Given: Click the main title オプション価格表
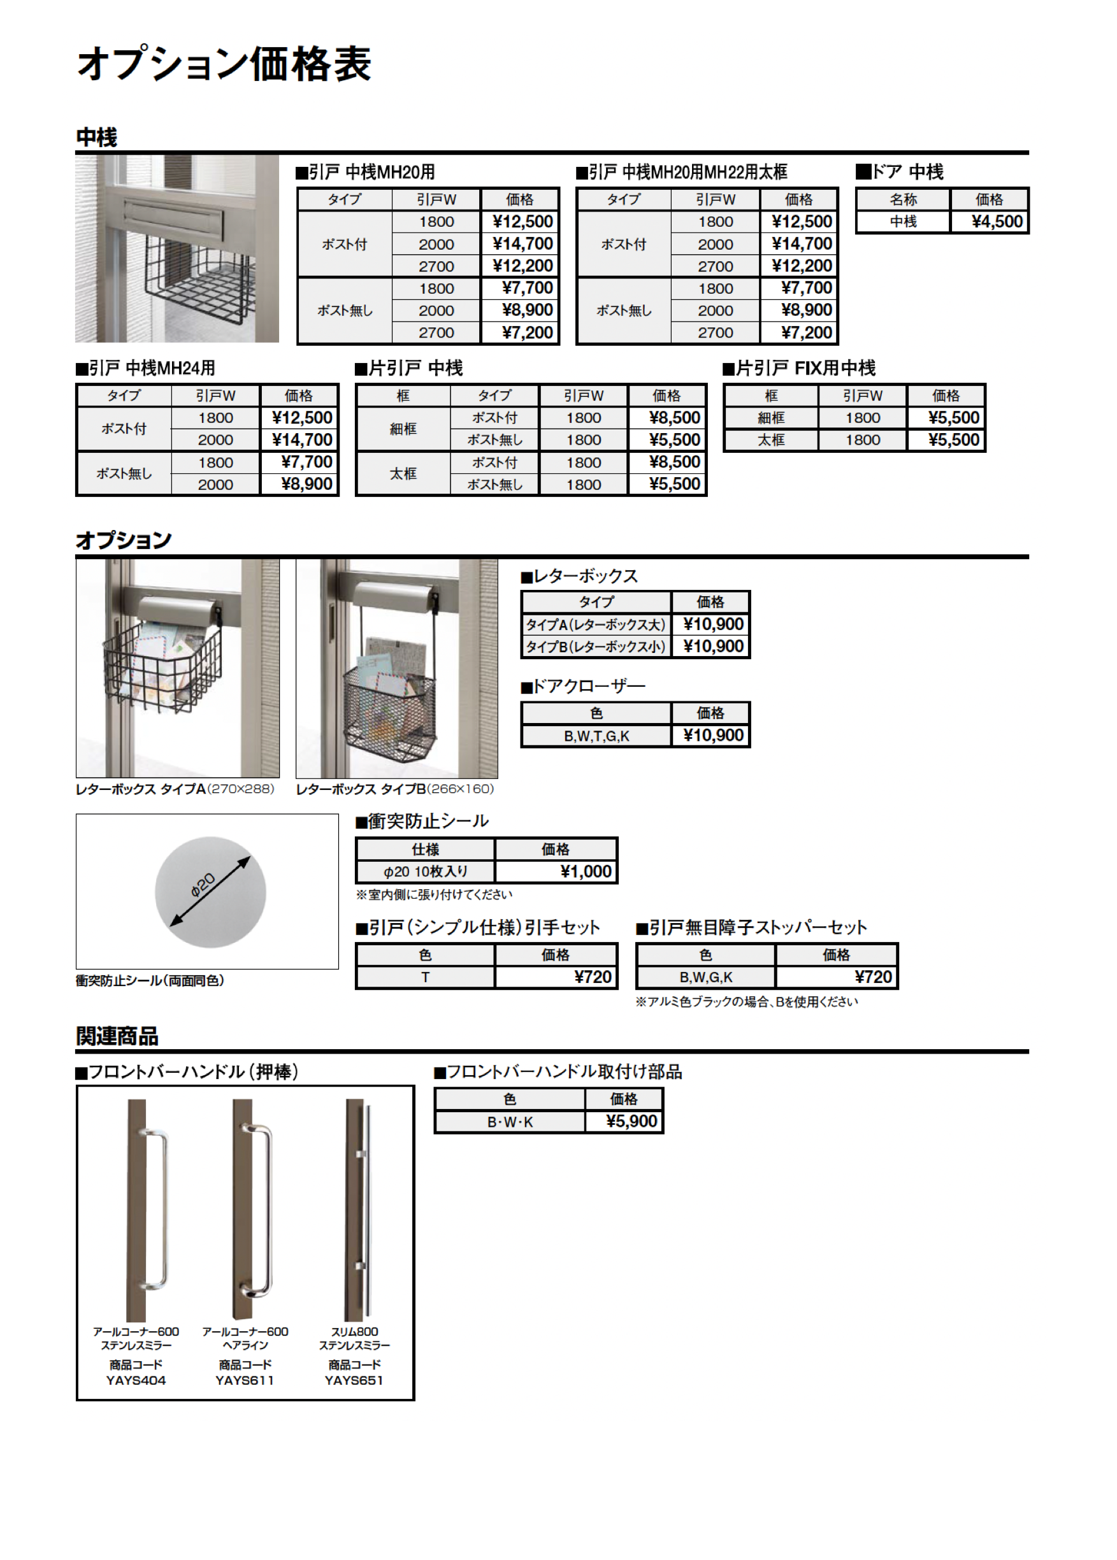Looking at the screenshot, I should coord(224,64).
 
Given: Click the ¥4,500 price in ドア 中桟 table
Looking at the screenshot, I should coord(997,222).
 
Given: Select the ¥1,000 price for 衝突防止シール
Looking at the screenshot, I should coord(586,872).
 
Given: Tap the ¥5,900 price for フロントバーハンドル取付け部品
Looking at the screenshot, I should coord(631,1121).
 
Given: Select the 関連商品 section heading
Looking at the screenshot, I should coord(117,1035).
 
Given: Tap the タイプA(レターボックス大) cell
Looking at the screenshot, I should coord(596,624).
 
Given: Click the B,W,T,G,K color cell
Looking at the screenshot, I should coord(596,736).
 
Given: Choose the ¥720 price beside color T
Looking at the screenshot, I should coord(592,977).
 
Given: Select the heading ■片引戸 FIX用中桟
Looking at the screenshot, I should coord(798,369).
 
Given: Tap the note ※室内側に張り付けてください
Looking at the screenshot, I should coord(434,894).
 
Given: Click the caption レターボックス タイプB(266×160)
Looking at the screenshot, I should coord(395,789).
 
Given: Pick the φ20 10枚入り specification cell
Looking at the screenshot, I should coord(425,872).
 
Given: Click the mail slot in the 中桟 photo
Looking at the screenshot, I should coord(173,218).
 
